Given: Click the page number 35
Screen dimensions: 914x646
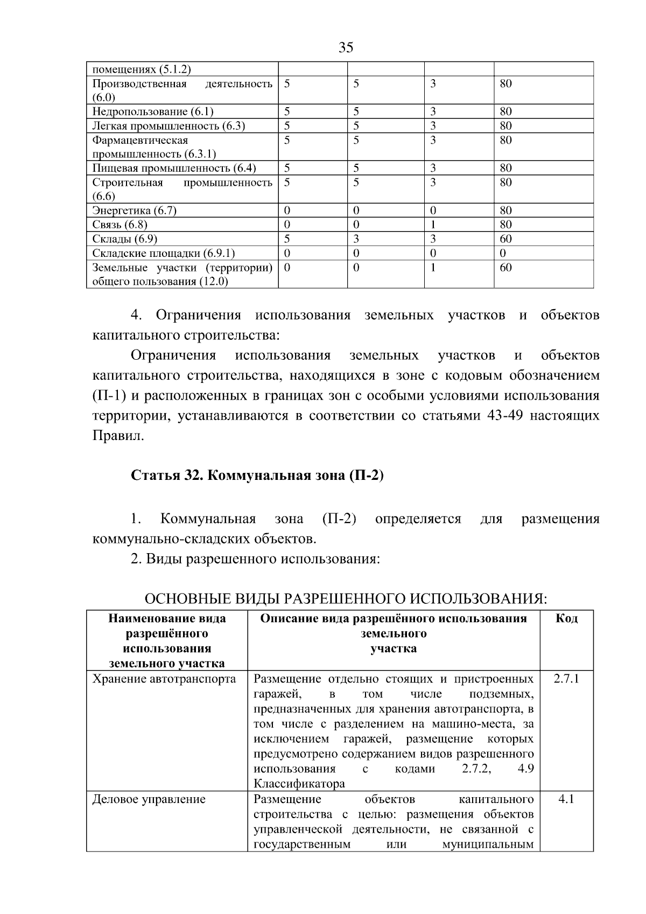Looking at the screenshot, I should [x=346, y=47].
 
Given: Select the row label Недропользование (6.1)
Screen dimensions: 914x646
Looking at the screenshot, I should [x=153, y=112].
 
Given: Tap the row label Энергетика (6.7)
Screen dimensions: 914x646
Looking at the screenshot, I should [x=134, y=211].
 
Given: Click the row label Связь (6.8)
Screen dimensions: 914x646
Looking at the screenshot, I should [x=120, y=225].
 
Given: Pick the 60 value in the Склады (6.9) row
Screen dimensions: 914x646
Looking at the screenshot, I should [x=505, y=239].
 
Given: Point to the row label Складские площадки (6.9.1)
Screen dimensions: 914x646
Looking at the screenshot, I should [x=163, y=253].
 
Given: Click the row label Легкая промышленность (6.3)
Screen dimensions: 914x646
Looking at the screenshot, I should [x=168, y=126].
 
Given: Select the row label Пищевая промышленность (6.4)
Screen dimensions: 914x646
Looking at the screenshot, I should [x=174, y=168].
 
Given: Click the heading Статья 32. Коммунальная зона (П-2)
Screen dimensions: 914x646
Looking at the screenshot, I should [x=257, y=476].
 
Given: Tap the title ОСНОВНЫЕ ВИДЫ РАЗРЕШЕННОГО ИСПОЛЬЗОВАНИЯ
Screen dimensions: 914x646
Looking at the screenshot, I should [x=346, y=599].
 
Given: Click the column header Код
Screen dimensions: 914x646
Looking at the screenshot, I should [x=566, y=618].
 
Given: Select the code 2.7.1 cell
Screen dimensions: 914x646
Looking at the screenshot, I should [x=566, y=679].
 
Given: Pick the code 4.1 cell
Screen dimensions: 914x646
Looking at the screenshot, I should [x=566, y=799].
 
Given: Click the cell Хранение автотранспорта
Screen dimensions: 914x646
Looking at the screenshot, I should [x=164, y=679].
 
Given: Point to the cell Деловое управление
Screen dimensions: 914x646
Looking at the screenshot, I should [x=149, y=799].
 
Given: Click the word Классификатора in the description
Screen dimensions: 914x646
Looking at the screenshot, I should [x=299, y=784].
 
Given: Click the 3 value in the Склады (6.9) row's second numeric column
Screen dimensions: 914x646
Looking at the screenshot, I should [x=356, y=239].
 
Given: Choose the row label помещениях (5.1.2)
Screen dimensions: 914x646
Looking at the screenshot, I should [x=142, y=69].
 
